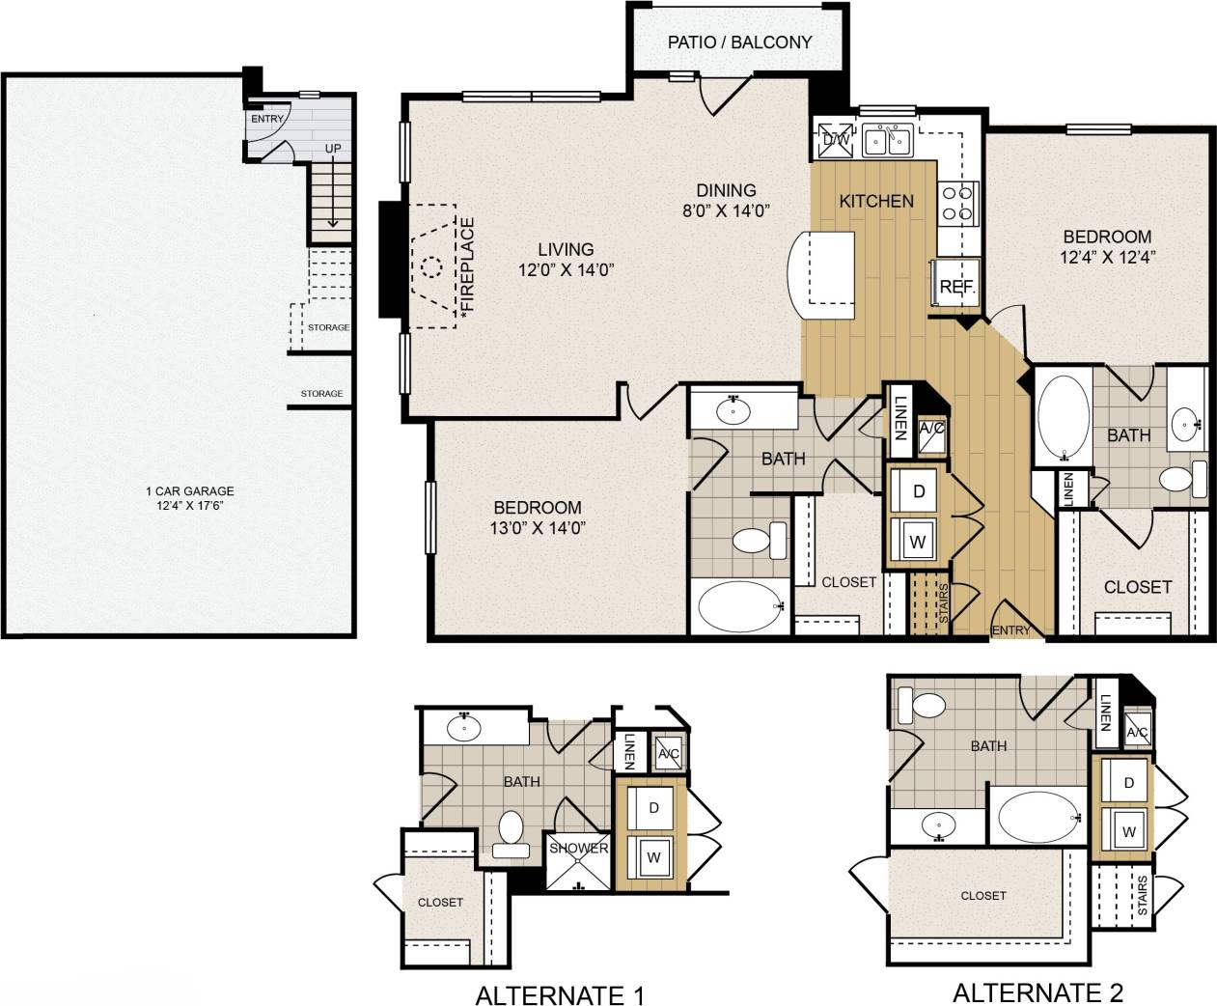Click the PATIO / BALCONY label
click(x=739, y=42)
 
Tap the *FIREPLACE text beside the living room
click(x=468, y=268)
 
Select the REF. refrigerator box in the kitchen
click(x=956, y=286)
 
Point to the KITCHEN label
click(x=875, y=201)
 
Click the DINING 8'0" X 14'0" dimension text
click(x=726, y=210)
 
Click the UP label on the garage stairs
click(x=333, y=148)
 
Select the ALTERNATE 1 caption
click(x=560, y=994)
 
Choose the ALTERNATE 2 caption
click(x=1037, y=992)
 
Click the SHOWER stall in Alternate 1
click(x=578, y=860)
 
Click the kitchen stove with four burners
click(x=959, y=204)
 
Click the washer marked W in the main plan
click(x=917, y=542)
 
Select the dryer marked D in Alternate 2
click(x=1128, y=783)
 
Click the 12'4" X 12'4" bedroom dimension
click(x=1107, y=257)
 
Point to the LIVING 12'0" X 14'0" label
click(x=566, y=260)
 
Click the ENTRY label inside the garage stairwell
click(x=267, y=119)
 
